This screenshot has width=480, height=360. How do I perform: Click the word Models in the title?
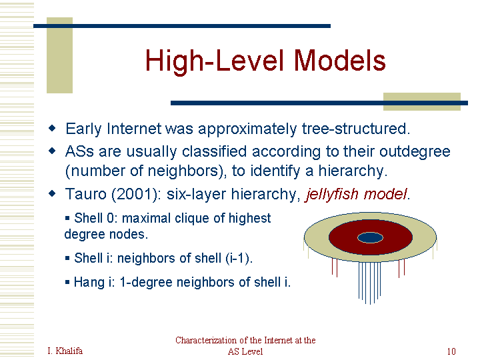pyautogui.click(x=339, y=60)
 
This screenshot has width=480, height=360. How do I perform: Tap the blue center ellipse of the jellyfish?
pyautogui.click(x=370, y=237)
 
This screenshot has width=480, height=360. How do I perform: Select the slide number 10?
pyautogui.click(x=451, y=351)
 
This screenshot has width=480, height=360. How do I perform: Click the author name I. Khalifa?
pyautogui.click(x=65, y=351)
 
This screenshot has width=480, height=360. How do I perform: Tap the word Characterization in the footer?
pyautogui.click(x=206, y=340)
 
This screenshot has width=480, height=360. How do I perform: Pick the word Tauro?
pyautogui.click(x=85, y=194)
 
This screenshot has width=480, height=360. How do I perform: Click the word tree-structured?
pyautogui.click(x=356, y=129)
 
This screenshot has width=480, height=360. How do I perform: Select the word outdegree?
pyautogui.click(x=415, y=151)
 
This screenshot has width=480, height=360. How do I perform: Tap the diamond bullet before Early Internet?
pyautogui.click(x=53, y=128)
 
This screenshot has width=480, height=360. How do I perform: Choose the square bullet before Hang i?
pyautogui.click(x=67, y=282)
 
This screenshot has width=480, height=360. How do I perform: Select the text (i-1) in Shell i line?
pyautogui.click(x=238, y=258)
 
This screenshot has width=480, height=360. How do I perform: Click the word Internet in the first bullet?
pyautogui.click(x=134, y=129)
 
